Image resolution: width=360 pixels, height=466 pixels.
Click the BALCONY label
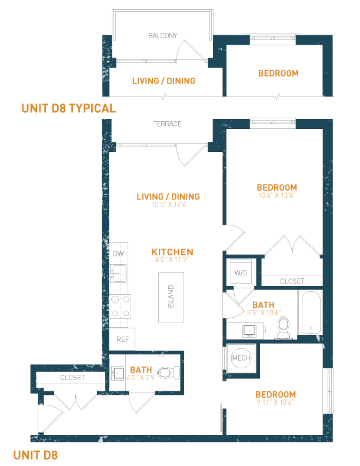point(163,36)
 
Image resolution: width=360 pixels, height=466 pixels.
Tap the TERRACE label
point(167,124)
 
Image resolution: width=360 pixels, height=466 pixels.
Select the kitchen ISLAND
point(171,297)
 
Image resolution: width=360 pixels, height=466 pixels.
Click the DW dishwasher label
point(118,254)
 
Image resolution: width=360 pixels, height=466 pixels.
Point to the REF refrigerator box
point(122,339)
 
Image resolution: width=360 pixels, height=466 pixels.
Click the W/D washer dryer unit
point(241,273)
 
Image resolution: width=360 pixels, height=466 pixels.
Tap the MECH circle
point(241,358)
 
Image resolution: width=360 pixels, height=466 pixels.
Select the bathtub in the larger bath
point(311,312)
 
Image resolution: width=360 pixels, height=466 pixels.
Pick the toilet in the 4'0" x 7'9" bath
point(168,372)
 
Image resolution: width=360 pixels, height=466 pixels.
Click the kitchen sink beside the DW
point(118,274)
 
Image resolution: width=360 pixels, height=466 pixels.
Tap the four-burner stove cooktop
point(120,306)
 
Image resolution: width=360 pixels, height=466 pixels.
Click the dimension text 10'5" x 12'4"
point(170,205)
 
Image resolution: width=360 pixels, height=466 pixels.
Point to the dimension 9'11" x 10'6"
point(275,402)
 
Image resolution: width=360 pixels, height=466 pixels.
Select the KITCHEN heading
point(172,252)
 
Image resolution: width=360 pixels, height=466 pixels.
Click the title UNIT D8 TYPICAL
point(69,108)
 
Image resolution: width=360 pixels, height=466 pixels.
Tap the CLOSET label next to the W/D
point(292,281)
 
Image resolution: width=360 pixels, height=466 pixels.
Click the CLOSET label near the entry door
point(72,377)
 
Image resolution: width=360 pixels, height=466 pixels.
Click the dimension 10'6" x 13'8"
point(277,195)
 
